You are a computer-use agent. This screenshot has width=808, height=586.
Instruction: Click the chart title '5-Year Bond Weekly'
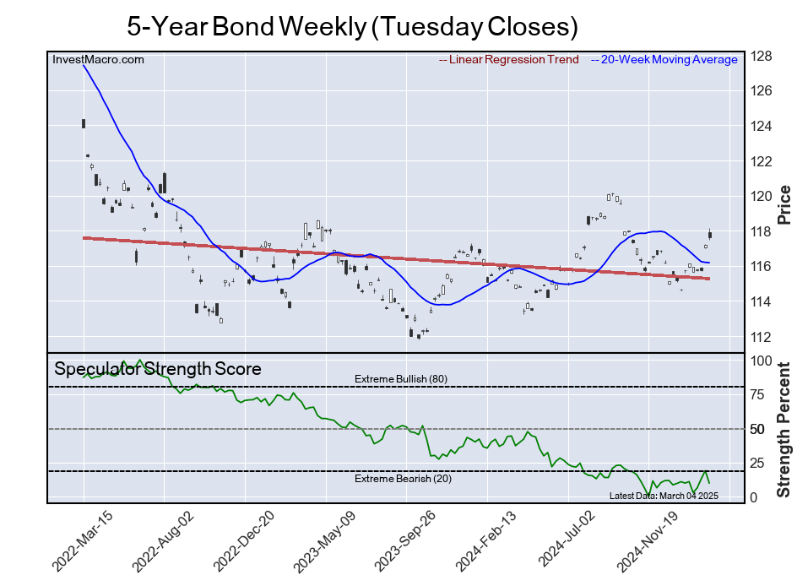(x=352, y=26)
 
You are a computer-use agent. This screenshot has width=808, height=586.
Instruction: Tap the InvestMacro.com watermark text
(x=98, y=59)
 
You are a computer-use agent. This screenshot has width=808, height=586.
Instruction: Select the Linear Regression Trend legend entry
(x=509, y=59)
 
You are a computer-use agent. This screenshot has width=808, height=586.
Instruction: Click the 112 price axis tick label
(x=761, y=337)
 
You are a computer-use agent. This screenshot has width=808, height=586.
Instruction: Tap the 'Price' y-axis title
(x=784, y=203)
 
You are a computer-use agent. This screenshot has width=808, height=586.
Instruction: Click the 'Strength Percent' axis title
(x=784, y=429)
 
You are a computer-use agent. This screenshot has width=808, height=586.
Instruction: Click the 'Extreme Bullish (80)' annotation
(x=400, y=378)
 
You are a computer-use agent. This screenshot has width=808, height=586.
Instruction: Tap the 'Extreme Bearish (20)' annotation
(x=400, y=480)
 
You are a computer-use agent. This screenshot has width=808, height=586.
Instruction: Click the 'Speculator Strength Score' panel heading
(x=157, y=369)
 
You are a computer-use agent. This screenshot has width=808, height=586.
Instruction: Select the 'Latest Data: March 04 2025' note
(x=663, y=496)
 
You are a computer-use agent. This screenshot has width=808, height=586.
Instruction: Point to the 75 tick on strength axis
(x=757, y=394)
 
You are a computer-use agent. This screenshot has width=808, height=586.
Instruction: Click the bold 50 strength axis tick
(x=757, y=429)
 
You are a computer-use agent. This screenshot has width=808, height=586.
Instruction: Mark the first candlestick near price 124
(x=84, y=123)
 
